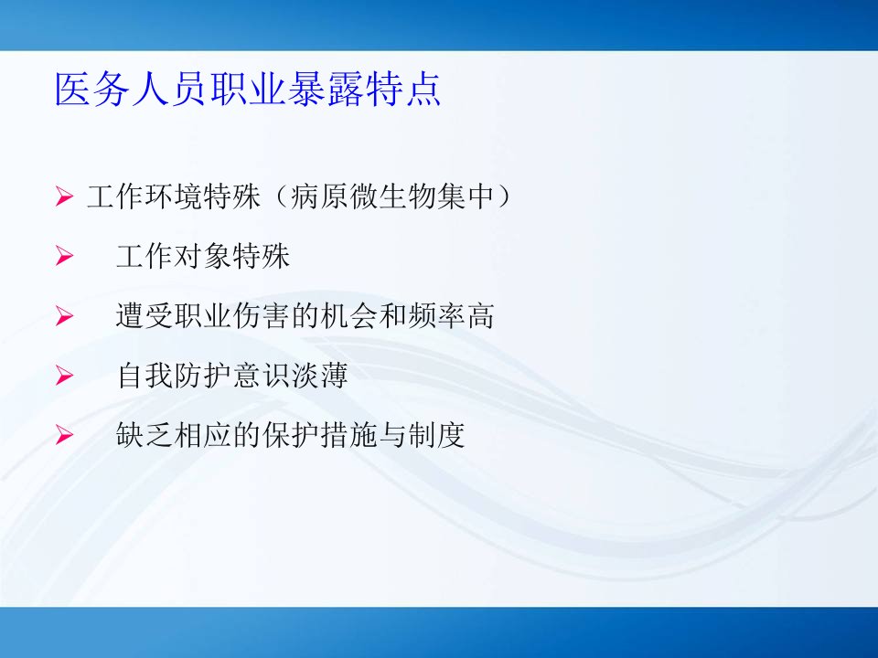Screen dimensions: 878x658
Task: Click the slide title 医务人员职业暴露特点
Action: click(x=248, y=90)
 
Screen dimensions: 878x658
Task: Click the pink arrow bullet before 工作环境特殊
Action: click(x=64, y=196)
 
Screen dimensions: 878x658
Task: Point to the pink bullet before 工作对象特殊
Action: click(x=64, y=256)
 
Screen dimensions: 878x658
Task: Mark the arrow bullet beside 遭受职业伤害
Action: click(x=64, y=316)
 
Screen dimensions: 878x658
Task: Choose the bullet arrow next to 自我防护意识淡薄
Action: click(x=64, y=376)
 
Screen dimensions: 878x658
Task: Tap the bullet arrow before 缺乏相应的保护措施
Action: click(x=64, y=435)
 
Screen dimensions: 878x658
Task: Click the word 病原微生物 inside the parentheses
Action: click(x=363, y=196)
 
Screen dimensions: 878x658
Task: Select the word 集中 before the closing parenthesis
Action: click(x=465, y=196)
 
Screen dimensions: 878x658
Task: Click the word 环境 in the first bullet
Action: click(x=174, y=196)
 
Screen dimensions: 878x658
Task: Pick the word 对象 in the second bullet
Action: click(x=203, y=256)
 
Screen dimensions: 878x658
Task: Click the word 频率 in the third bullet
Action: click(x=435, y=316)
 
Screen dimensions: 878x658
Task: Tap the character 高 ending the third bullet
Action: click(x=480, y=316)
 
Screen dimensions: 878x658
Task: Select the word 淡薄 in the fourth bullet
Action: click(x=319, y=376)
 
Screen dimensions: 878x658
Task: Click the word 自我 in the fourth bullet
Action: click(x=145, y=376)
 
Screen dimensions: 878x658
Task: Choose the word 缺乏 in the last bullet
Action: click(x=145, y=435)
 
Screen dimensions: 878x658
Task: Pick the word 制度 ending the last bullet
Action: click(x=435, y=435)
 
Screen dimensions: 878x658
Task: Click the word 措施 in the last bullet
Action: click(x=348, y=435)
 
